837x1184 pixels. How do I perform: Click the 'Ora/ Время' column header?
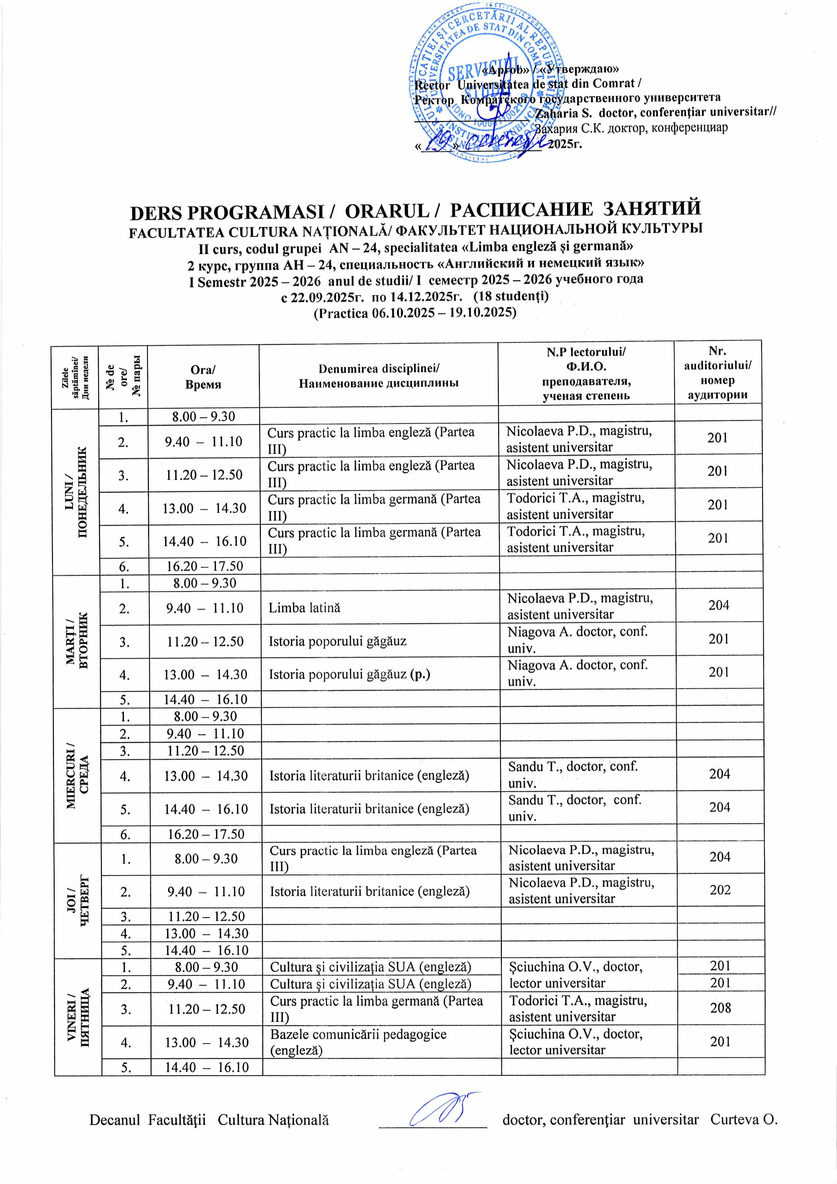(x=203, y=376)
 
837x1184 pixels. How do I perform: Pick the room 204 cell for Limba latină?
(x=719, y=605)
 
